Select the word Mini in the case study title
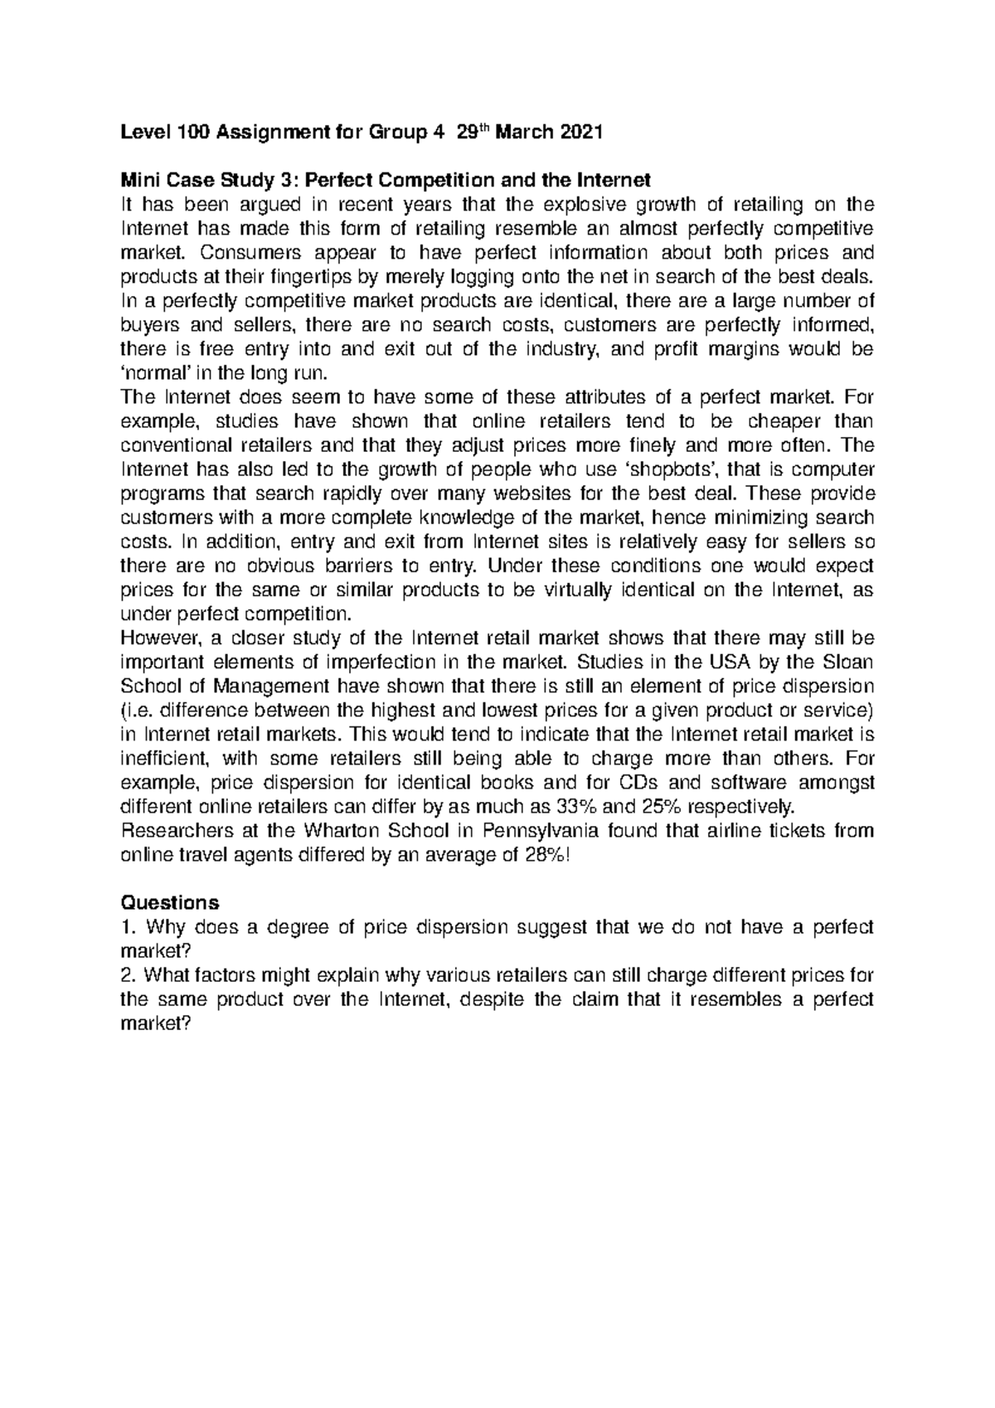point(140,180)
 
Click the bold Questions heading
point(170,902)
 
